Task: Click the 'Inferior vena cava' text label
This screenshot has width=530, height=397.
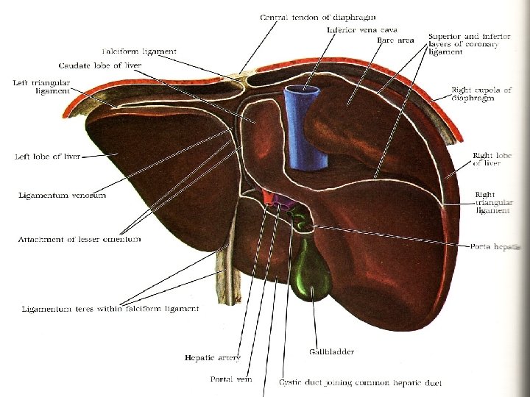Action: tap(352, 30)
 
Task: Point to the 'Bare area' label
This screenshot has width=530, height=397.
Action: tap(395, 40)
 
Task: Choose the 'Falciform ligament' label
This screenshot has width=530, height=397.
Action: tap(150, 51)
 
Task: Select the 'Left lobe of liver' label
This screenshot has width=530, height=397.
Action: tap(48, 157)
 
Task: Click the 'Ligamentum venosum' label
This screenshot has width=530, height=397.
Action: tap(63, 195)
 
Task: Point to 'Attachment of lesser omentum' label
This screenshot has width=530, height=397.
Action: tap(79, 240)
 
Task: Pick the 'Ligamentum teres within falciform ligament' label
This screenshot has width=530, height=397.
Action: tap(109, 309)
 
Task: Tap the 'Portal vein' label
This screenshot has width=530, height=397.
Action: tap(229, 379)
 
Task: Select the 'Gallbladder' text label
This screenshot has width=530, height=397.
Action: tap(331, 351)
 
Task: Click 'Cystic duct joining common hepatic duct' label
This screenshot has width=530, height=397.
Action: tap(360, 382)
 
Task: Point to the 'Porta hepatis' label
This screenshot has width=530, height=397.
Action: tap(495, 247)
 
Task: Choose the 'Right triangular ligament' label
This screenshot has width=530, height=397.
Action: tap(493, 203)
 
